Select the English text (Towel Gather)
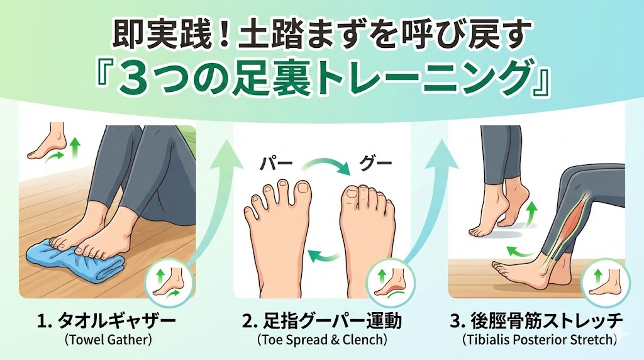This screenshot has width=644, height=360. click(106, 340)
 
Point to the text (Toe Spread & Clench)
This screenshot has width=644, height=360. click(321, 340)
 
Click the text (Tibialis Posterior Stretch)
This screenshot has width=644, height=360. click(539, 340)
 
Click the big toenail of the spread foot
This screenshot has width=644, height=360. click(304, 188)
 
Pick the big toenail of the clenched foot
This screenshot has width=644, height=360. click(352, 193)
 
